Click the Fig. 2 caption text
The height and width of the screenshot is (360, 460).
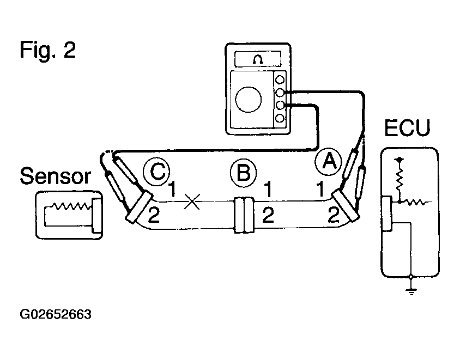click(48, 51)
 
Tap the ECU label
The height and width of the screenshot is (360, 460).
click(407, 128)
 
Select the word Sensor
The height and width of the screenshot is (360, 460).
click(55, 176)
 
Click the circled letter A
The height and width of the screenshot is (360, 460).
click(329, 162)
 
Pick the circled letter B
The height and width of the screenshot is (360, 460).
click(243, 173)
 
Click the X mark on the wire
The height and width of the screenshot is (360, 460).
click(192, 202)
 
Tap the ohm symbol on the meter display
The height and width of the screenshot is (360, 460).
click(258, 59)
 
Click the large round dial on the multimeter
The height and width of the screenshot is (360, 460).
click(248, 100)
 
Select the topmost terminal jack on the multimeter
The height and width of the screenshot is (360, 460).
click(280, 80)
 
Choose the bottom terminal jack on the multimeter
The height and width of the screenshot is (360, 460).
click(280, 118)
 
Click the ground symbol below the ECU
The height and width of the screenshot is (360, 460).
click(411, 291)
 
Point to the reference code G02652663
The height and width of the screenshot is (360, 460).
click(56, 314)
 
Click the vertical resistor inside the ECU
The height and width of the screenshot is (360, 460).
click(400, 179)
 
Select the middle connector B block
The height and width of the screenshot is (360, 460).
click(244, 215)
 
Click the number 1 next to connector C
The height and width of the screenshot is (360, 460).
click(172, 188)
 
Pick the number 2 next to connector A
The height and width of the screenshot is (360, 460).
click(334, 215)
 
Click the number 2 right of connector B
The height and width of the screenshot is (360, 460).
click(268, 215)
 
